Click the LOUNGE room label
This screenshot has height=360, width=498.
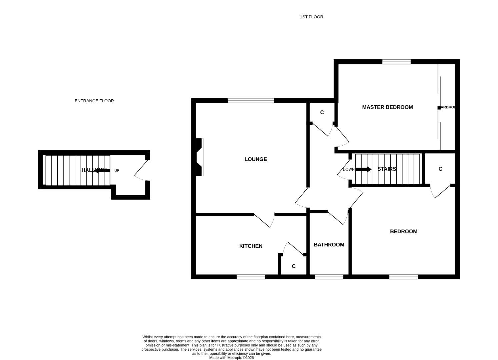pyautogui.click(x=255, y=159)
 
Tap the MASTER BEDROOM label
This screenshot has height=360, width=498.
pyautogui.click(x=387, y=107)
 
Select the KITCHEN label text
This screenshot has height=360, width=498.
pyautogui.click(x=251, y=246)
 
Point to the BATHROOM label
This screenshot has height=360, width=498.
pyautogui.click(x=329, y=245)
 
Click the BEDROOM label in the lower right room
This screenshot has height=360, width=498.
pyautogui.click(x=403, y=231)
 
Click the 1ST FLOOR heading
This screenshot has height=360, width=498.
pyautogui.click(x=311, y=17)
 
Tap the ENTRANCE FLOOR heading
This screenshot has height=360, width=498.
pyautogui.click(x=94, y=101)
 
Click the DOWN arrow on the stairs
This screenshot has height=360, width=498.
pyautogui.click(x=363, y=169)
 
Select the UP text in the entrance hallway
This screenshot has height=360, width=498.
pyautogui.click(x=117, y=171)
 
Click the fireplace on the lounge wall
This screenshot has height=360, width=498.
pyautogui.click(x=199, y=157)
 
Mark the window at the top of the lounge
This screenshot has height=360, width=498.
pyautogui.click(x=251, y=100)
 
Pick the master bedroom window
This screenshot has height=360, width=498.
pyautogui.click(x=396, y=62)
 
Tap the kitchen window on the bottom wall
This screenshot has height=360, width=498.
pyautogui.click(x=251, y=277)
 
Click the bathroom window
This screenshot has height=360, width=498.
pyautogui.click(x=329, y=277)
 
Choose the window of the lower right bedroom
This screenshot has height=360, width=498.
pyautogui.click(x=403, y=277)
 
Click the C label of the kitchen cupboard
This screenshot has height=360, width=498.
pyautogui.click(x=294, y=266)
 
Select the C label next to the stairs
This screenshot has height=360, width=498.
pyautogui.click(x=440, y=169)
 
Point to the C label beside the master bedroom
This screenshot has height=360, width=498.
pyautogui.click(x=322, y=113)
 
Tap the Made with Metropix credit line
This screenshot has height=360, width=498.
pyautogui.click(x=231, y=358)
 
